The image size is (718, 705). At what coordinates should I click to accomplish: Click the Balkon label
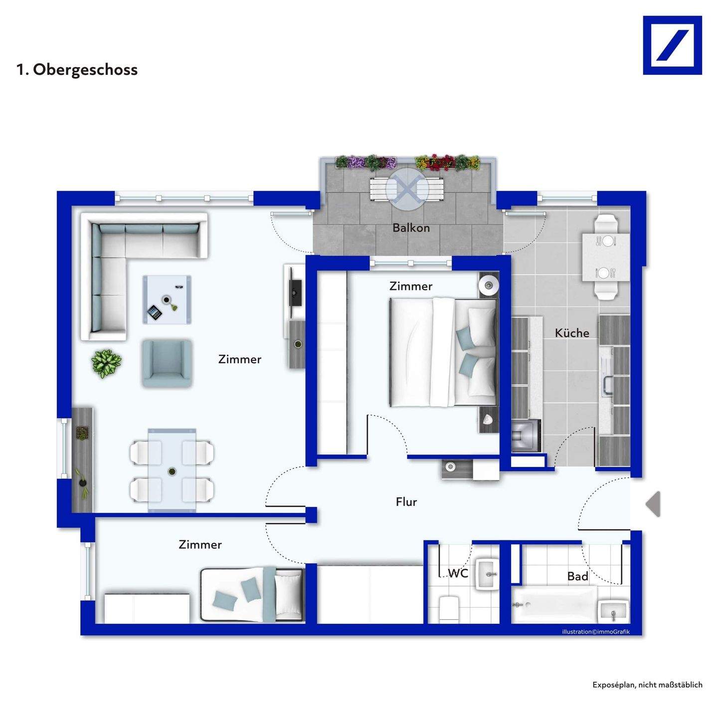(411, 228)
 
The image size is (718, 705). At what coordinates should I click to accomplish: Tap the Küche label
(572, 333)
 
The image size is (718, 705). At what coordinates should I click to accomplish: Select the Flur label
(406, 502)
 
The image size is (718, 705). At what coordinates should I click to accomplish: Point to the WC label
(458, 573)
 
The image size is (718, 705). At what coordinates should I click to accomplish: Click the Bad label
(577, 576)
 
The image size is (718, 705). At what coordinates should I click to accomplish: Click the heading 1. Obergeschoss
(77, 70)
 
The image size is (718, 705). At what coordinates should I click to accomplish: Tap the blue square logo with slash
(672, 45)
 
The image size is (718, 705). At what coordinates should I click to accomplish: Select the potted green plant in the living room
(106, 363)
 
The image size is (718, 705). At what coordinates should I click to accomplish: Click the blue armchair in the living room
(167, 363)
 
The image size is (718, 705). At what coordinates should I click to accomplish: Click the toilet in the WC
(449, 610)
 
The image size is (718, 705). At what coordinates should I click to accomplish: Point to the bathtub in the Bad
(554, 604)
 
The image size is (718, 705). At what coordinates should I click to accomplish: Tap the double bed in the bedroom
(443, 352)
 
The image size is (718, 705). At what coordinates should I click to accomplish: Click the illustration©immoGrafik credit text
(596, 632)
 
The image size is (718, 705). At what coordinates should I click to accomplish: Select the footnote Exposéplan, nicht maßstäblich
(647, 685)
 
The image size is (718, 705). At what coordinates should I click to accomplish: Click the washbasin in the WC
(487, 574)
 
